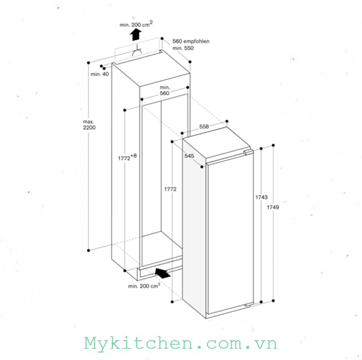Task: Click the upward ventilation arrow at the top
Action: [x=136, y=35]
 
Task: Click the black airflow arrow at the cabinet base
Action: [x=163, y=273]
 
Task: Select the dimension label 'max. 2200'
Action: [x=89, y=125]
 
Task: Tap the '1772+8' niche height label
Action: [x=127, y=157]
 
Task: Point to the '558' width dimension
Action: [x=204, y=127]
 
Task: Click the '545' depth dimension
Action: [x=189, y=156]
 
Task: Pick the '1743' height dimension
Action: [x=261, y=197]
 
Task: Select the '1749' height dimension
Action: [x=273, y=207]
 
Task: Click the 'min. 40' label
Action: [x=100, y=74]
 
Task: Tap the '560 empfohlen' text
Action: [x=191, y=41]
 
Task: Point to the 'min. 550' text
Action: [x=183, y=48]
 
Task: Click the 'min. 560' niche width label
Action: [x=164, y=90]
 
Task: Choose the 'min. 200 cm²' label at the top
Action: [x=136, y=24]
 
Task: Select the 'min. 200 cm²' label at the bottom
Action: [x=144, y=286]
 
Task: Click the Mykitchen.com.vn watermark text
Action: [x=181, y=344]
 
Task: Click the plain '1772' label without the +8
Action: [x=170, y=189]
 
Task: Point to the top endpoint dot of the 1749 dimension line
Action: [x=274, y=145]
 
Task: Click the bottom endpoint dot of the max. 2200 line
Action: [x=88, y=250]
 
